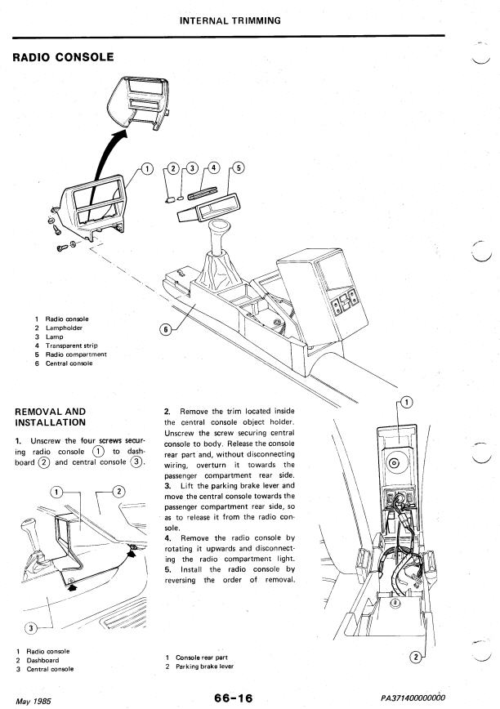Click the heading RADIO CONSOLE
coord(59,57)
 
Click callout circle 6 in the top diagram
coord(167,330)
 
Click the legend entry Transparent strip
coord(74,346)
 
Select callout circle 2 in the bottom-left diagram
coord(118,491)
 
